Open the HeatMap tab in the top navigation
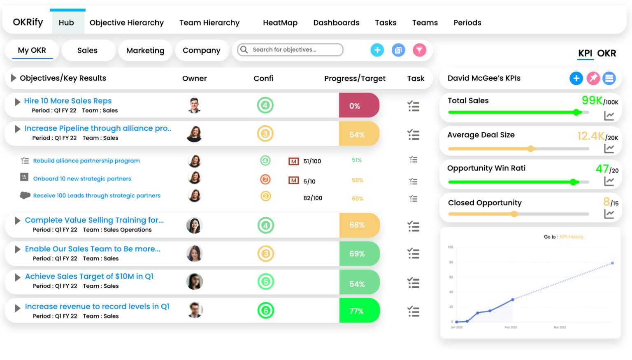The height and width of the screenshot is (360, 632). tap(280, 23)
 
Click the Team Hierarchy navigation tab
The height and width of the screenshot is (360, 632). tap(209, 23)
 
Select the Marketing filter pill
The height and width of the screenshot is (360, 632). tap(145, 51)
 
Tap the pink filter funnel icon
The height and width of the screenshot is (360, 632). tap(419, 50)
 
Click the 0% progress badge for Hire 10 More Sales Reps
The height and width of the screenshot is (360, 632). tap(355, 106)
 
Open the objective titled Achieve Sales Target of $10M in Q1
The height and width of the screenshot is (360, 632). tap(89, 276)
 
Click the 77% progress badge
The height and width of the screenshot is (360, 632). tap(356, 311)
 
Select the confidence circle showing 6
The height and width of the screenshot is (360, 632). tap(265, 311)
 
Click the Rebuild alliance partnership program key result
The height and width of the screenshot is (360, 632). tap(86, 161)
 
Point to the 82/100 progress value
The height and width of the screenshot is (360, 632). tap(313, 198)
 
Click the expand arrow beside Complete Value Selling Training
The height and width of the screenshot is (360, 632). tap(18, 221)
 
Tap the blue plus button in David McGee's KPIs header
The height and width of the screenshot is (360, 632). tap(576, 78)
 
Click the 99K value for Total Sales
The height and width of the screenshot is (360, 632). tap(592, 100)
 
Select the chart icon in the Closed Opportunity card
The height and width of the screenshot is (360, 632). tap(609, 214)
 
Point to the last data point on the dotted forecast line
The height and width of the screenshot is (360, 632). tap(612, 263)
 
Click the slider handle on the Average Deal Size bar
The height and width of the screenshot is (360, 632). tap(531, 149)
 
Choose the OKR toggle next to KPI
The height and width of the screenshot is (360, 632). tap(606, 53)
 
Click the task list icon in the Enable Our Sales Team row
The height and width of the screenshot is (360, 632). tap(413, 253)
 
